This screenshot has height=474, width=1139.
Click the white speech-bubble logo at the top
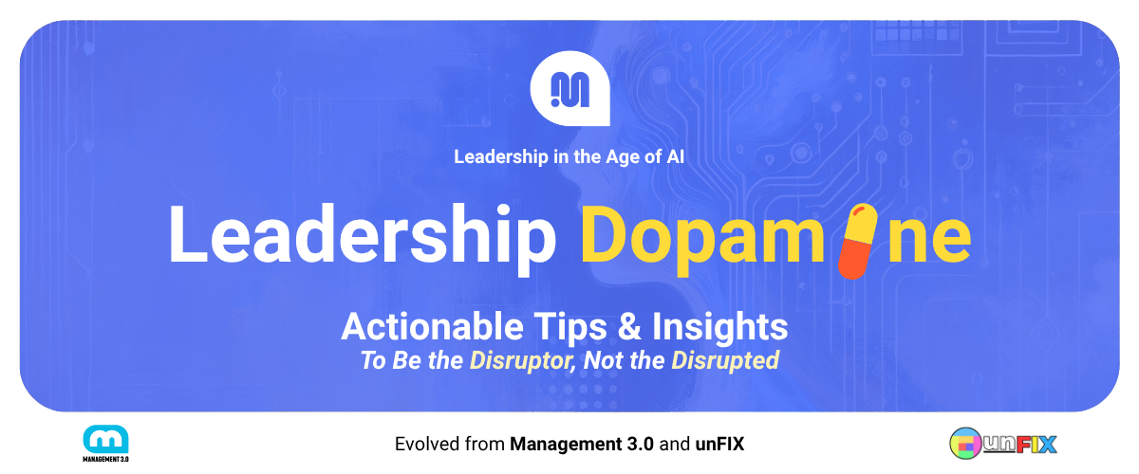pyautogui.click(x=570, y=88)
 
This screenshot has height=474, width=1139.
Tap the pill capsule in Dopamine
pyautogui.click(x=857, y=242)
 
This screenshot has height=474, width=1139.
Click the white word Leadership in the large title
pyautogui.click(x=363, y=236)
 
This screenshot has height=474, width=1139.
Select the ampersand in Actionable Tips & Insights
pyautogui.click(x=629, y=326)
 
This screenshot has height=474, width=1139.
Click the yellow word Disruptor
pyautogui.click(x=522, y=360)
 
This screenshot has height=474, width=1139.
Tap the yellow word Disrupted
pyautogui.click(x=725, y=360)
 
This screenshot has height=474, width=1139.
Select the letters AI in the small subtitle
pyautogui.click(x=675, y=156)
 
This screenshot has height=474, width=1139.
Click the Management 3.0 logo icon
pyautogui.click(x=105, y=439)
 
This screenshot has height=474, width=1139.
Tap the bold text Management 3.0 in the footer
pyautogui.click(x=582, y=444)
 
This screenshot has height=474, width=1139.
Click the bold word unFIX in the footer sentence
pyautogui.click(x=719, y=444)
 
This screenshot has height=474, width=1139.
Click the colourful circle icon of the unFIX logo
pyautogui.click(x=965, y=444)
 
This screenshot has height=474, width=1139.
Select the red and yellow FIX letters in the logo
pyautogui.click(x=1036, y=445)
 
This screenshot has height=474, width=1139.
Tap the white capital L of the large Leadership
pyautogui.click(x=188, y=235)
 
